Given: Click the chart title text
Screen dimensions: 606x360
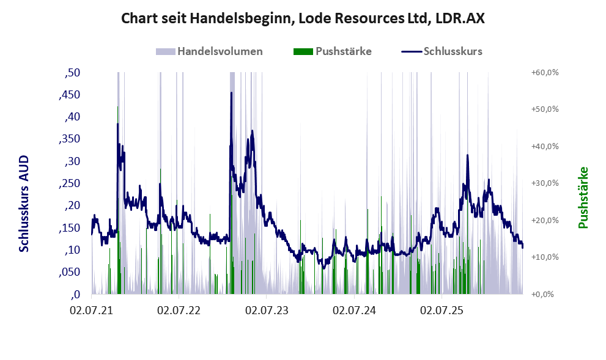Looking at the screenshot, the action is point(303,18).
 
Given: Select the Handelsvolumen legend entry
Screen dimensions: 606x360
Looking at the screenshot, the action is point(209,51).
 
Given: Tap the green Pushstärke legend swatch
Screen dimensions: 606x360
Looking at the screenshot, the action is point(303,51).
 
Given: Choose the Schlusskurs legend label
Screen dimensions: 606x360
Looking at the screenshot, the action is point(453,51).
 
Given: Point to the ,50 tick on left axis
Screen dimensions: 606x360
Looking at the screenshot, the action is point(72,72).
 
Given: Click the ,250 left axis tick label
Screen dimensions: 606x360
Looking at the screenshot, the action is point(70,183).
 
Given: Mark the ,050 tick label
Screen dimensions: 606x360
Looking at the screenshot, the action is point(70,272).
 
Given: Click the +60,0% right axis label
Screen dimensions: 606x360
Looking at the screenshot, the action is point(545,72).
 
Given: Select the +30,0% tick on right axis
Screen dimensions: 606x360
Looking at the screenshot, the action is point(545,183).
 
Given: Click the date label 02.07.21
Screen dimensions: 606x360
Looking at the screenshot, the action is point(91,310).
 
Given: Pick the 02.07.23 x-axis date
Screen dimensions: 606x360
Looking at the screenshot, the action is point(267,310).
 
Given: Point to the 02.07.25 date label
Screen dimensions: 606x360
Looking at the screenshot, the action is point(442,310).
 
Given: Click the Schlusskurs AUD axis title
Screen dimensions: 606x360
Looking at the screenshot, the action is point(24,204).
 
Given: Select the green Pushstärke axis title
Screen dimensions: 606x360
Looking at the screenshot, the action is point(583,198).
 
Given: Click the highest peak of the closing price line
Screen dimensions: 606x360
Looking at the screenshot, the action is point(232,92).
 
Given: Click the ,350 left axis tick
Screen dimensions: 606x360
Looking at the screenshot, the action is point(70,139).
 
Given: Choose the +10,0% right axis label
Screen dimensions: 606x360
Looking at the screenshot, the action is point(545,257).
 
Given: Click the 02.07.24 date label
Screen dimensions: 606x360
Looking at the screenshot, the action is point(355,310).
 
